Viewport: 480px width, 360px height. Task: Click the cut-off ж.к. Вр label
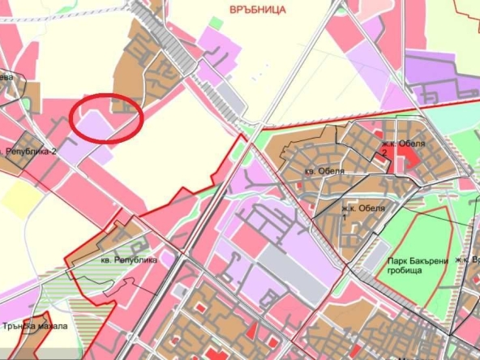tap(467, 259)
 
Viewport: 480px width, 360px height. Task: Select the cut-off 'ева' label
tap(6, 78)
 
